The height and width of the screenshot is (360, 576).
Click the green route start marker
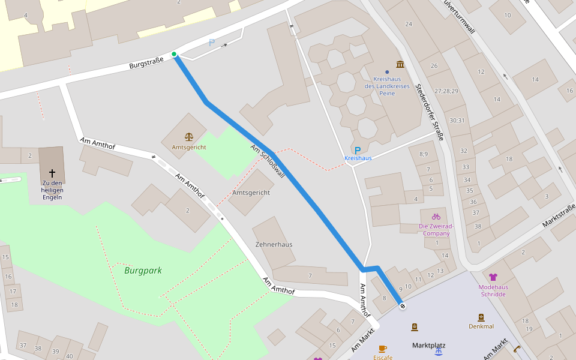(174, 55)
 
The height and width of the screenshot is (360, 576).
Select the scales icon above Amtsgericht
(189, 137)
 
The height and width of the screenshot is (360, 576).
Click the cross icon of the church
(52, 172)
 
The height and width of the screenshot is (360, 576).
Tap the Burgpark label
(143, 271)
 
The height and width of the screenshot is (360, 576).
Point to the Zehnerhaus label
(274, 245)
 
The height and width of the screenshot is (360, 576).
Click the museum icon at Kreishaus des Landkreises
(400, 64)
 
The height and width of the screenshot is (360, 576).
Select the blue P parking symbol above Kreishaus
(358, 150)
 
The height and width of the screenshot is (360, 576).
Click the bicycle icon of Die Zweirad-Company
(436, 216)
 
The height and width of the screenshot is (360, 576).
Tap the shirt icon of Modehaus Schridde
(493, 277)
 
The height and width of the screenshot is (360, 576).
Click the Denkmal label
(481, 326)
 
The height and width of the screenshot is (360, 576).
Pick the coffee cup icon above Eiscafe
(383, 348)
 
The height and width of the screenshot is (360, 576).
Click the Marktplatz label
(428, 346)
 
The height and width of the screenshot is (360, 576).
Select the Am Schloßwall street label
(268, 161)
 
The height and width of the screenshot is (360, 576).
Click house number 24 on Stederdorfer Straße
(409, 24)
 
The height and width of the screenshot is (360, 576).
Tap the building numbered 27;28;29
(446, 91)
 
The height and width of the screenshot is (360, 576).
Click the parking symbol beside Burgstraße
(211, 43)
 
